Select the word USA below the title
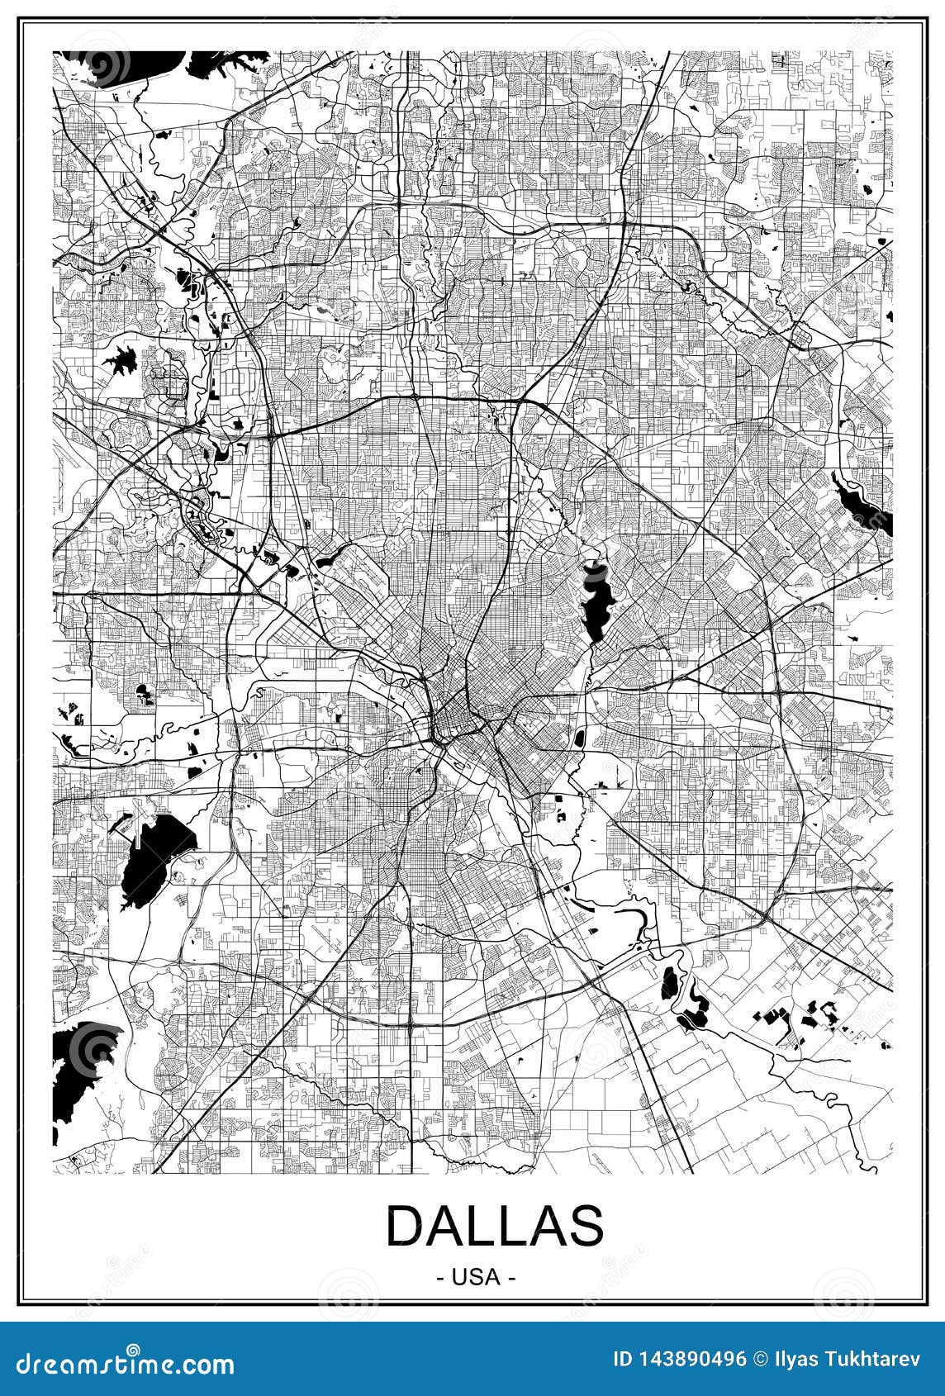(476, 1276)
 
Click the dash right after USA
(513, 1277)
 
